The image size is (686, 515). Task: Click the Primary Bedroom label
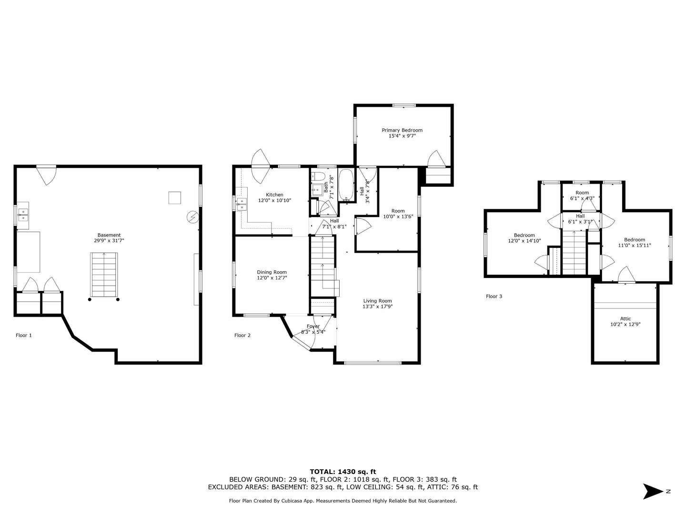tap(402, 130)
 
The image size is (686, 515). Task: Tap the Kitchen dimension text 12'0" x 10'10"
tap(274, 201)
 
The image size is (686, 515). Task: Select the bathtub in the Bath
tap(346, 185)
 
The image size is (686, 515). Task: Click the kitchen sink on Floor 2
tap(242, 205)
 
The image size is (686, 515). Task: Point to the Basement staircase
tap(104, 275)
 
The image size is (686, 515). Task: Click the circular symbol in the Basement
tap(192, 217)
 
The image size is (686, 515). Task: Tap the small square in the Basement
tap(174, 197)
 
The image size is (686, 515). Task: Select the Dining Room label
tap(272, 272)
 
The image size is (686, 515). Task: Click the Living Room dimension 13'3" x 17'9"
tap(377, 307)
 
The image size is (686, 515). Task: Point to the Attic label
tap(625, 319)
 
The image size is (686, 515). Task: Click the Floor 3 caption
tap(494, 297)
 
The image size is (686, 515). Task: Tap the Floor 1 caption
tap(24, 336)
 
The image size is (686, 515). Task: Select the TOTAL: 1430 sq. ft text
tap(343, 472)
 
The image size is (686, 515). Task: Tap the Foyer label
tap(313, 326)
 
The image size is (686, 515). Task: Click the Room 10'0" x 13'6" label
tap(398, 211)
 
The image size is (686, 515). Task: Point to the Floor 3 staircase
tap(574, 253)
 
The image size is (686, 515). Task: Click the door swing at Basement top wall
tap(47, 175)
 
